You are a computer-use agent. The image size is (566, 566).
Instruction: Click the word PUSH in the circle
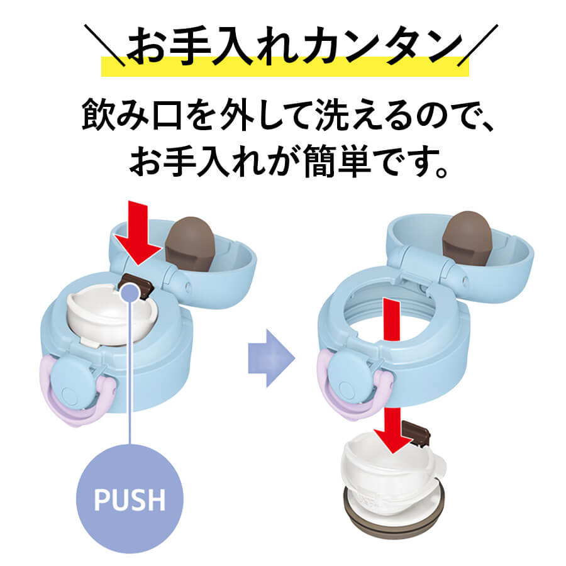pos(130,499)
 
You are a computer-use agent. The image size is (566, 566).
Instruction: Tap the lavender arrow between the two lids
pos(272,358)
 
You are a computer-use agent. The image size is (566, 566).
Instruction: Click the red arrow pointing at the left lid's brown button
pos(138,233)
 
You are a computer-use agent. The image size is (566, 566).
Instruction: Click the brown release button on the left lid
pos(136,284)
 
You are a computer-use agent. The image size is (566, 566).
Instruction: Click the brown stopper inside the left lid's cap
pos(190,245)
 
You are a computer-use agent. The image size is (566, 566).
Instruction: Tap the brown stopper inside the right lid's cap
pos(467,238)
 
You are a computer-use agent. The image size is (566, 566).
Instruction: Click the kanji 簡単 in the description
pos(338,161)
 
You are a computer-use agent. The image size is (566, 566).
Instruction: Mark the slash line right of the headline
pos(477,45)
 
